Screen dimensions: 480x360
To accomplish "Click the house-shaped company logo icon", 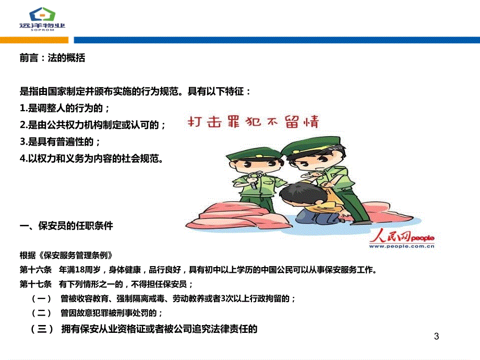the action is pos(42,15).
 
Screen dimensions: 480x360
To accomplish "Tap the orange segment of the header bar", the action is pos(34,40).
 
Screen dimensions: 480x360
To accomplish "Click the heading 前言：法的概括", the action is pos(52,58).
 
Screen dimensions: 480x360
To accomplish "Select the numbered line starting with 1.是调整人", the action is pos(64,108).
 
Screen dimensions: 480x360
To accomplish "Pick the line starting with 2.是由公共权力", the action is pos(92,125).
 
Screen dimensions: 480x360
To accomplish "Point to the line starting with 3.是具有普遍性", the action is pos(60,142).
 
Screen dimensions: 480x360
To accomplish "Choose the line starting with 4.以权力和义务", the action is pos(91,159).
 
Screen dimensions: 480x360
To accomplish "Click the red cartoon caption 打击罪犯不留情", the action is pos(253,122).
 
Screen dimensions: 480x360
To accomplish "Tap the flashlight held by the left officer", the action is pos(254,181).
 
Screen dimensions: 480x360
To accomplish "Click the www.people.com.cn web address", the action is pos(402,246).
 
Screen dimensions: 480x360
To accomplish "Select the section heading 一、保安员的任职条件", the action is pos(66,226).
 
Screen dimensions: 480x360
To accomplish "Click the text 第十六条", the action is pos(35,270).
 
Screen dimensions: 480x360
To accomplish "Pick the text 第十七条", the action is pos(35,284).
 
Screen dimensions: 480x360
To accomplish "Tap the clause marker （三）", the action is pos(42,329).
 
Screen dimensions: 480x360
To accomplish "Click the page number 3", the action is pos(437,337).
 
